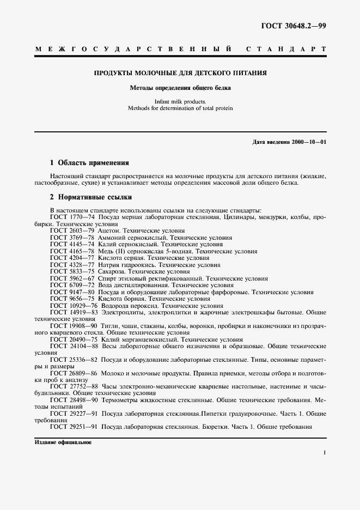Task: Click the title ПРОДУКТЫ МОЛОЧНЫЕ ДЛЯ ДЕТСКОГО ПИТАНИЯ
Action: tap(180, 72)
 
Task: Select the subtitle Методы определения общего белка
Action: tap(180, 87)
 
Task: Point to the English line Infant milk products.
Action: tap(180, 101)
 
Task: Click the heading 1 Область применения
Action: tap(89, 162)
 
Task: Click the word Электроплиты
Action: tap(122, 312)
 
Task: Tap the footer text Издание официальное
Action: tap(63, 442)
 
